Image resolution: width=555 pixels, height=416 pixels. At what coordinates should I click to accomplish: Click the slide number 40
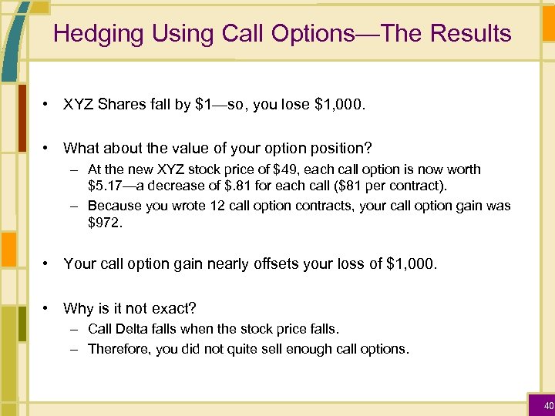[548, 406]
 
